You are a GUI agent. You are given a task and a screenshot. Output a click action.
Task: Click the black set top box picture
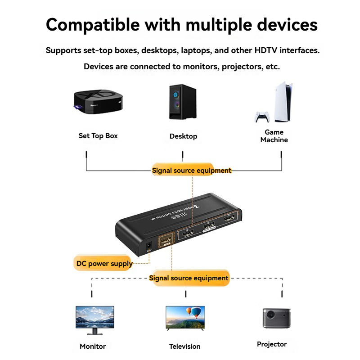pyautogui.click(x=97, y=102)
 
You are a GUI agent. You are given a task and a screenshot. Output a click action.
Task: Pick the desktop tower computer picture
pyautogui.click(x=183, y=102)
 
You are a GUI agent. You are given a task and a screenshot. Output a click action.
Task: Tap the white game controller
pyautogui.click(x=262, y=117)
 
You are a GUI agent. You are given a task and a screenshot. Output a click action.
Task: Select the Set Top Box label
pyautogui.click(x=98, y=135)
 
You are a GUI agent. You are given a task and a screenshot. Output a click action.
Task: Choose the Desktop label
pyautogui.click(x=183, y=136)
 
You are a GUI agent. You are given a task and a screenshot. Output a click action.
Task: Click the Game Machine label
pyautogui.click(x=274, y=136)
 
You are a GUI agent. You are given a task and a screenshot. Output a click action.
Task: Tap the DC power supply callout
pyautogui.click(x=104, y=264)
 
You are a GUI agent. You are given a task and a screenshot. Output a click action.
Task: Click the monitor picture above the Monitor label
pyautogui.click(x=94, y=319)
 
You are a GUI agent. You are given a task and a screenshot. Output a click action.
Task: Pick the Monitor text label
pyautogui.click(x=93, y=346)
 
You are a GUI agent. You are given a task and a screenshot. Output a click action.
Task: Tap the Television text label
pyautogui.click(x=185, y=346)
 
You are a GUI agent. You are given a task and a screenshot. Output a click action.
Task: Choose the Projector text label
pyautogui.click(x=272, y=344)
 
